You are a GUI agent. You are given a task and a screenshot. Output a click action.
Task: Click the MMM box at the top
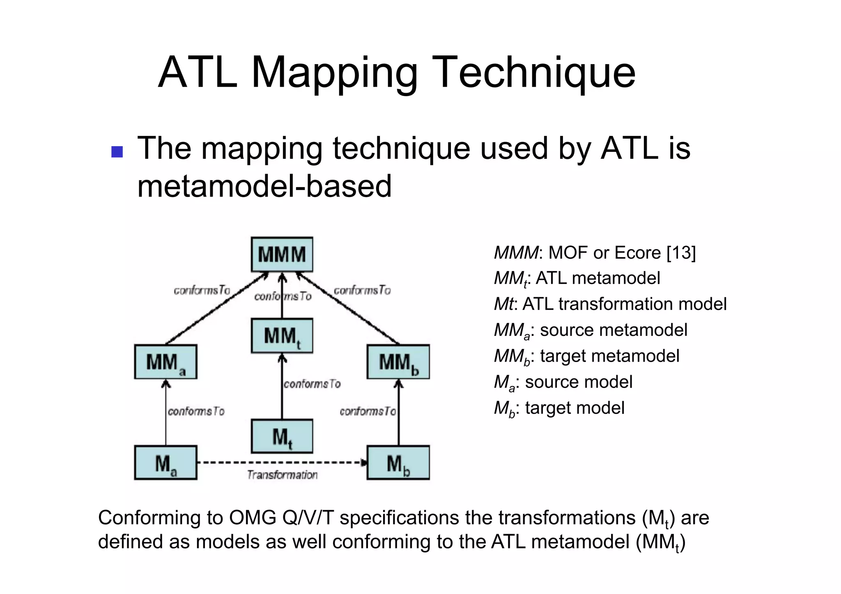coord(282,255)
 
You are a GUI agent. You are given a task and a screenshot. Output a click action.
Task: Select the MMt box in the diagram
coord(282,336)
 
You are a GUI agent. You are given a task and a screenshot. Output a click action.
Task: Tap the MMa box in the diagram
coord(165,362)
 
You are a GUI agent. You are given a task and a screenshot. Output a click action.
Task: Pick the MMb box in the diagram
coord(398,362)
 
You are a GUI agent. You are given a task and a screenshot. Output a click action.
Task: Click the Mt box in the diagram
coord(282,436)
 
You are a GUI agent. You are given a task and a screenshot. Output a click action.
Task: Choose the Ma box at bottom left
coord(165,463)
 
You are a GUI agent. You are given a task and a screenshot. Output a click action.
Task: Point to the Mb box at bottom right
coord(398,463)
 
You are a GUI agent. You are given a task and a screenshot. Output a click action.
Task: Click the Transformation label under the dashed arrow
coord(282,475)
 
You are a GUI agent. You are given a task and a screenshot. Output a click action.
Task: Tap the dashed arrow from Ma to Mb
coord(282,463)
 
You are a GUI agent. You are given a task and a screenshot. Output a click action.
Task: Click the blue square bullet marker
coord(117,152)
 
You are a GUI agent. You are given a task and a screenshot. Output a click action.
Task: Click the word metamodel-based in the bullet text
coord(264,186)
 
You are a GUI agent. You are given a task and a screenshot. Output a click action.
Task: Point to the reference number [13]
coord(681,253)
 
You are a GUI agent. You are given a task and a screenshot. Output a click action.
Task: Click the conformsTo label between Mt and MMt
coord(312,384)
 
